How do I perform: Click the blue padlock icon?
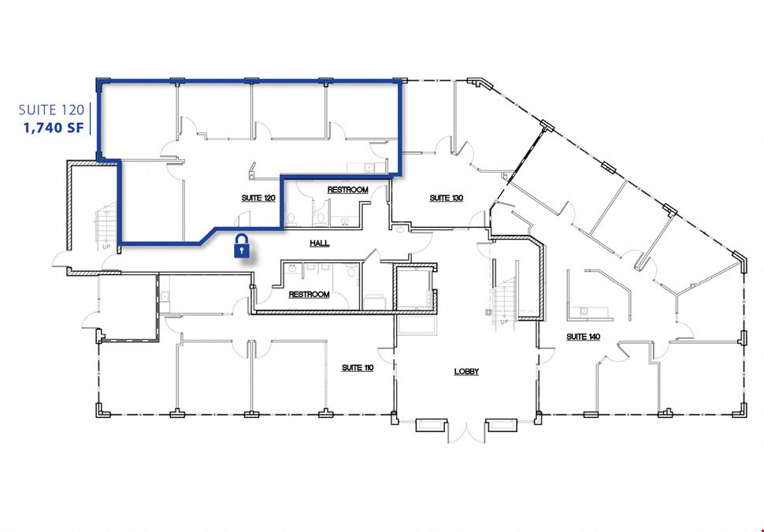point(242,245)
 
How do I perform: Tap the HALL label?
point(320,243)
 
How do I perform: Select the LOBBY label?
point(467,371)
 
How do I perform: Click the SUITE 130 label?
point(447,198)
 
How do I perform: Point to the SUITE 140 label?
point(583,337)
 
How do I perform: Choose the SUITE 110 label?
point(358,367)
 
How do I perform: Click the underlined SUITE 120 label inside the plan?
point(258,198)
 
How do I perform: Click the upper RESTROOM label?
point(348,190)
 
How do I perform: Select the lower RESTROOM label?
point(309,295)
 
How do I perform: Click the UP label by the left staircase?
point(106,247)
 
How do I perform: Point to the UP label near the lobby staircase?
point(504,322)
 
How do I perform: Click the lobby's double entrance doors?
point(466,433)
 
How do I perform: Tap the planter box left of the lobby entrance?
point(431,426)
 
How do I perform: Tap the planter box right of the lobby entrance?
point(502,426)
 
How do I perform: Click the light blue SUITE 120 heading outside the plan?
point(51,110)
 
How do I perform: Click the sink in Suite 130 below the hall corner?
point(400,229)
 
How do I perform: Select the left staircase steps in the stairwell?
point(106,222)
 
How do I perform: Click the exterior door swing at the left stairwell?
point(61,259)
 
